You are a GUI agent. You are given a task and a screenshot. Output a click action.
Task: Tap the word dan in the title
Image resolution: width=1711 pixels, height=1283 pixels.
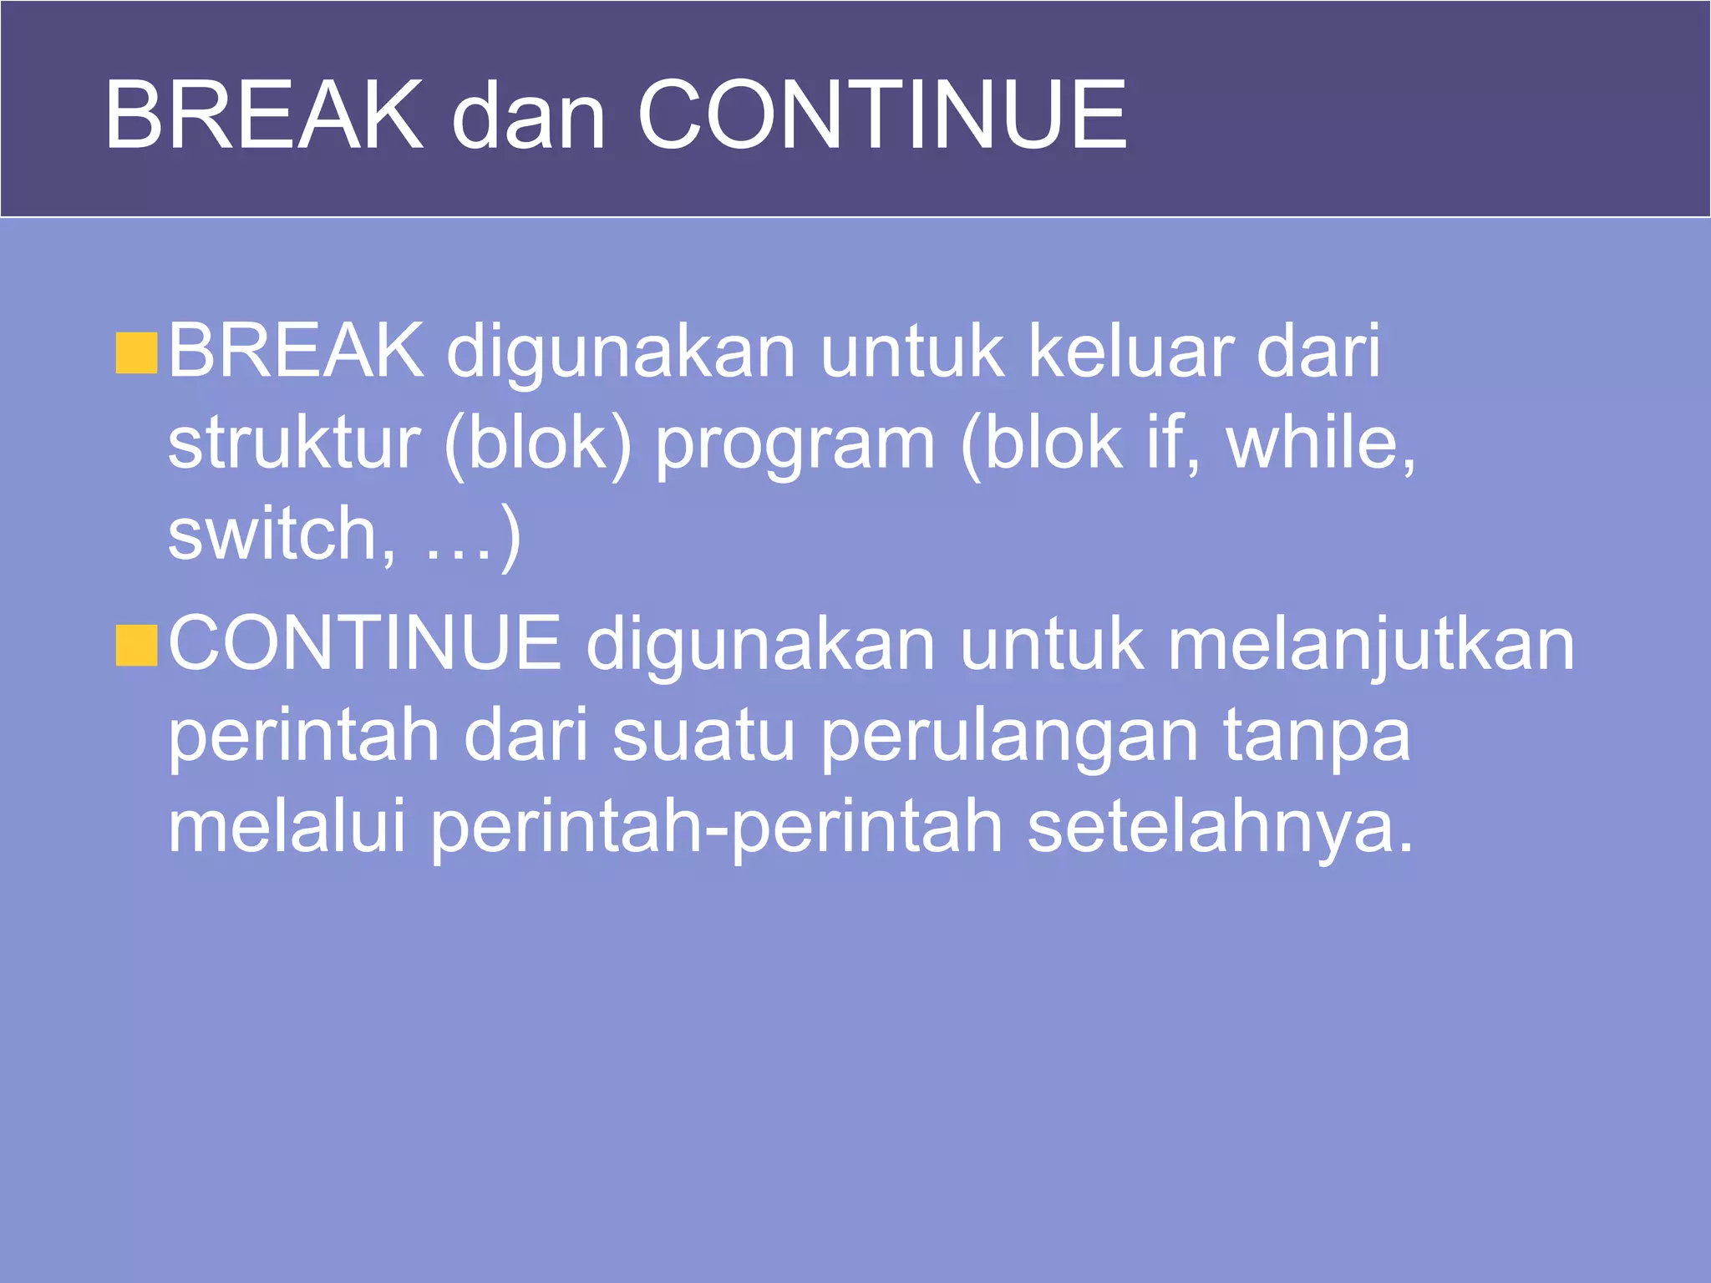(528, 117)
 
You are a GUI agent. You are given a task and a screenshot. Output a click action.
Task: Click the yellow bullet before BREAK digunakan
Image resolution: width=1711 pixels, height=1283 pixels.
(136, 352)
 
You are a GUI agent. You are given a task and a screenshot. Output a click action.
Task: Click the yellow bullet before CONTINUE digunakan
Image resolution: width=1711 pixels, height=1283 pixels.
(136, 646)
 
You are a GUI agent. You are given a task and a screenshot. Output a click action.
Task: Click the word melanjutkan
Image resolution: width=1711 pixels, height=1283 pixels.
(1370, 646)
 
